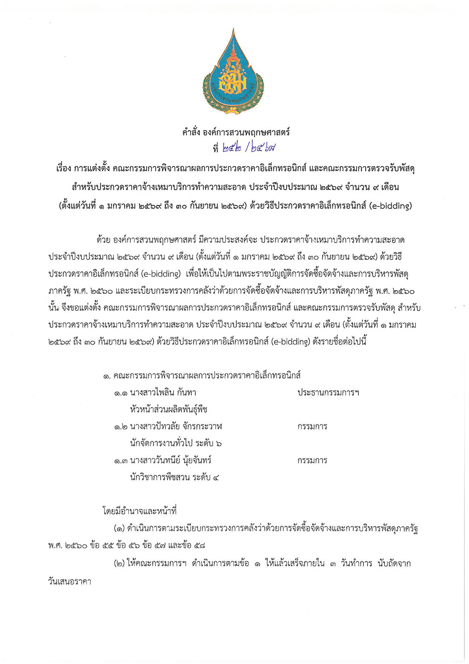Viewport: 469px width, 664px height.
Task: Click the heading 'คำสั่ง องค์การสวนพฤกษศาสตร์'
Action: point(236,132)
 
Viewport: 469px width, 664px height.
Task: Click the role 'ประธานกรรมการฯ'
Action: point(328,393)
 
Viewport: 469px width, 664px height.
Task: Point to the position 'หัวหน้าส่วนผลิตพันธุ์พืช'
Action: point(169,409)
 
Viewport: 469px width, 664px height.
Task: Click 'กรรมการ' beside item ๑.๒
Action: point(312,427)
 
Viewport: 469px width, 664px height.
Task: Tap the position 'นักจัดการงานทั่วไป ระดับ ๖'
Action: point(176,443)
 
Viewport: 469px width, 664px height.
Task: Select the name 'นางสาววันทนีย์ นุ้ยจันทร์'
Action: point(171,461)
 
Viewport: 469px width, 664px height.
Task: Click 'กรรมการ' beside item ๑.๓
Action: point(312,461)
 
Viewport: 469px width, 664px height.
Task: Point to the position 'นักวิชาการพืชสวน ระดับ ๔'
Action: point(175,477)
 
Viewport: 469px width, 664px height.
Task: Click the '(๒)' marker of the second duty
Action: point(119,564)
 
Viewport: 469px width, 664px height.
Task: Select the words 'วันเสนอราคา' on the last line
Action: point(69,581)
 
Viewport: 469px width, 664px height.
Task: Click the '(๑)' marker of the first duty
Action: point(119,528)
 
